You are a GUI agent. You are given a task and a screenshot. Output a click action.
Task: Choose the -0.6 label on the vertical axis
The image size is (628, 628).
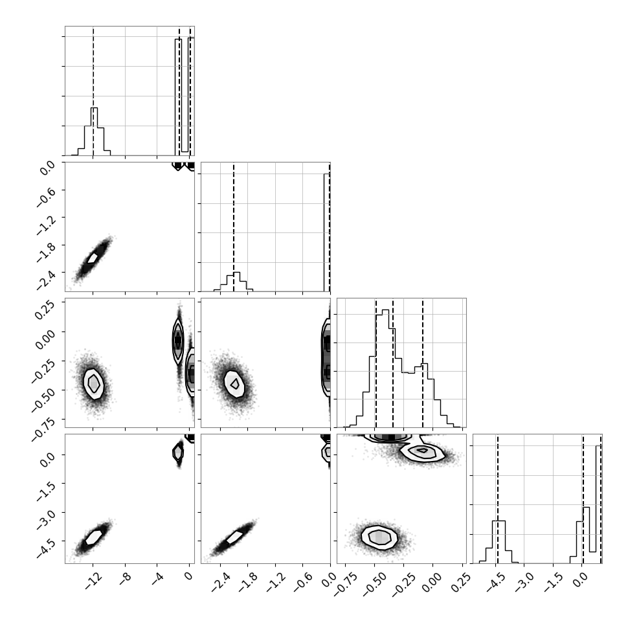pyautogui.click(x=47, y=196)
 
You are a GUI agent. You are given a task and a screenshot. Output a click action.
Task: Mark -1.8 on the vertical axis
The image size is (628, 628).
pyautogui.click(x=47, y=251)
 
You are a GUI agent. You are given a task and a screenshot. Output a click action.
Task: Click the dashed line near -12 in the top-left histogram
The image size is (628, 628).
pyautogui.click(x=93, y=91)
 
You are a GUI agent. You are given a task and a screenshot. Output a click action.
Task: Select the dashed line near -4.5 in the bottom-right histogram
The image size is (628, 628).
pyautogui.click(x=497, y=499)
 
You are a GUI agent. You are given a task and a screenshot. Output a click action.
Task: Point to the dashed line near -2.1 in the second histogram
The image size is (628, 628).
pyautogui.click(x=234, y=227)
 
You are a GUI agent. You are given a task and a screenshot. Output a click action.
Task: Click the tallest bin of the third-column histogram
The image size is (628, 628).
pyautogui.click(x=386, y=368)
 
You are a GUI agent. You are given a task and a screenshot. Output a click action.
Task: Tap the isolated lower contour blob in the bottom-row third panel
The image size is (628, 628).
pyautogui.click(x=379, y=537)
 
